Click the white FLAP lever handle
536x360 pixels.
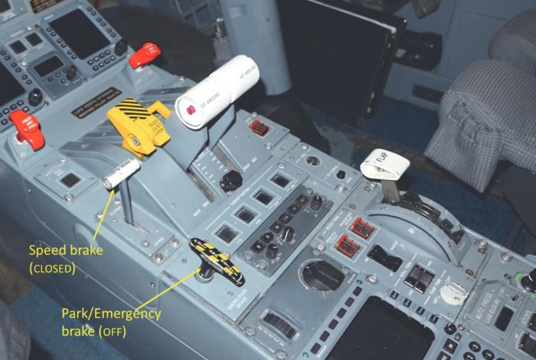coord(385,165)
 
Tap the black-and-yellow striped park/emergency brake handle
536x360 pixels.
coord(217,260)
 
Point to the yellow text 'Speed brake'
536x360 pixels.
coord(66,251)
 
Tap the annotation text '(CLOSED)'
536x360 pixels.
coord(53,269)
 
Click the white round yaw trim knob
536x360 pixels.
coord(454,292)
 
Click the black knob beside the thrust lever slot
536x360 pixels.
coord(230,181)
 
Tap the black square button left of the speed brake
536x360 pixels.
coord(70,180)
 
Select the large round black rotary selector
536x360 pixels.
coord(322,275)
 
